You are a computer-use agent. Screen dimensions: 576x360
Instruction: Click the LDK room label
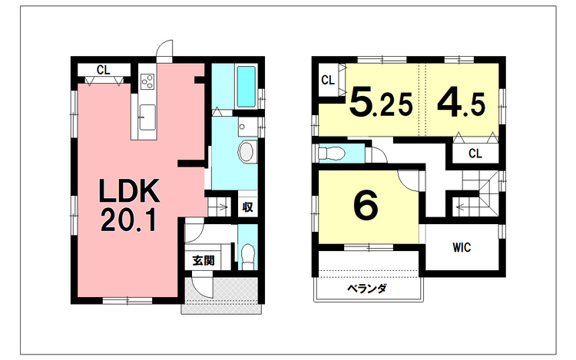coord(129,191)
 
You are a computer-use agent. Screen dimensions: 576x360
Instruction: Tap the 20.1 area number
coord(129,220)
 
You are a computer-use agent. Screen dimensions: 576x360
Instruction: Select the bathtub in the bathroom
coord(246,87)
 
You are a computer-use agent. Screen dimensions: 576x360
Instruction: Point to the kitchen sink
coord(147,117)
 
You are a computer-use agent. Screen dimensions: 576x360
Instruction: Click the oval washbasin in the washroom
coord(247,151)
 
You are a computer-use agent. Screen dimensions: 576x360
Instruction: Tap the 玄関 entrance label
coord(204,261)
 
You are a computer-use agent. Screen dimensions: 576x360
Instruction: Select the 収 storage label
coord(247,207)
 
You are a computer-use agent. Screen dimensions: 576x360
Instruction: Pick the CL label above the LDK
coord(103,69)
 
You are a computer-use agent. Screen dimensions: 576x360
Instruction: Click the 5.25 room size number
coord(381,102)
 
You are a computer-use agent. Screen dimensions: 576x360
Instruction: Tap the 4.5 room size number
coord(461,102)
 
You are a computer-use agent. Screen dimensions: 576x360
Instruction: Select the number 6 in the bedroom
coord(366,206)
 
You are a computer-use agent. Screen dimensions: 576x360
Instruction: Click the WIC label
coord(462,248)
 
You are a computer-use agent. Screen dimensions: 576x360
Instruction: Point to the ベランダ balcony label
coord(367,289)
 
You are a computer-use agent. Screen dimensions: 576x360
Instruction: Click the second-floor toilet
coord(331,153)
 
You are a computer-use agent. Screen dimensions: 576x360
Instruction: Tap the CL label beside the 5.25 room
coord(328,80)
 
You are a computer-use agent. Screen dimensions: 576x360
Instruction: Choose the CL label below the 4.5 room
coord(475,154)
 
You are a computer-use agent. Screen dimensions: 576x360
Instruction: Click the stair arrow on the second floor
coord(464,207)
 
